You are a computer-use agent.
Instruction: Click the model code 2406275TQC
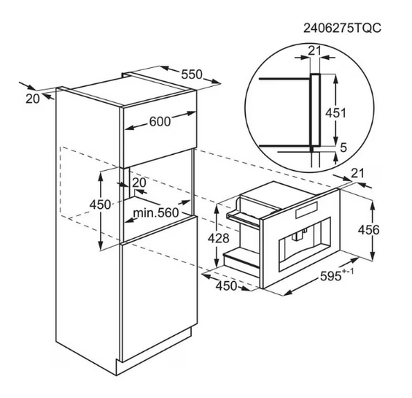tap(342, 28)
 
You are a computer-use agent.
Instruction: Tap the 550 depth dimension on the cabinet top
tap(192, 74)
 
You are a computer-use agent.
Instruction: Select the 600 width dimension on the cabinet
tap(160, 121)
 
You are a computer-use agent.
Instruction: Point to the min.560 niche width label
tap(156, 213)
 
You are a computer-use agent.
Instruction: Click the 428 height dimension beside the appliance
tap(218, 238)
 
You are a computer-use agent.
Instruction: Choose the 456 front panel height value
tap(369, 230)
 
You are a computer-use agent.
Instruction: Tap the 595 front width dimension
tap(337, 275)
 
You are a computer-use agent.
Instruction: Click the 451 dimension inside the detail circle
tap(336, 113)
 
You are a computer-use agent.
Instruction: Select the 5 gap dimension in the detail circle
tap(343, 148)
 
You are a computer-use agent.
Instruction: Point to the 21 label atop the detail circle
tap(314, 50)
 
